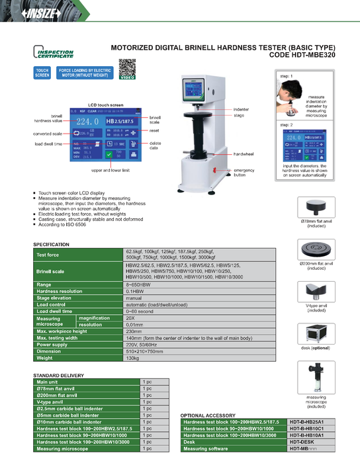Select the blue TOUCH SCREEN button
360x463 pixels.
click(42, 73)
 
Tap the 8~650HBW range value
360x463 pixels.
click(137, 284)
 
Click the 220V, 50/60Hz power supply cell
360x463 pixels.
click(140, 345)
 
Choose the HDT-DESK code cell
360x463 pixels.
click(304, 442)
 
